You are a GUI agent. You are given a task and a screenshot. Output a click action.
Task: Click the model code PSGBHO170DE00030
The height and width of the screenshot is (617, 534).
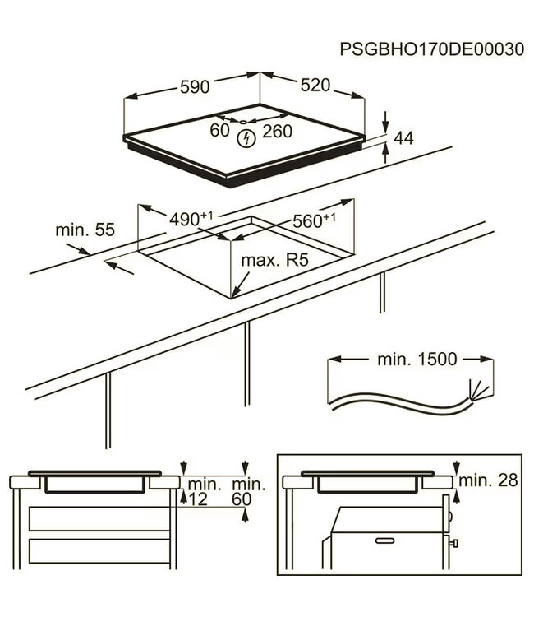[x=431, y=49]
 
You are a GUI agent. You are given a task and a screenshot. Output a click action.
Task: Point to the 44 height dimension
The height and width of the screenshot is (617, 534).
[x=403, y=139]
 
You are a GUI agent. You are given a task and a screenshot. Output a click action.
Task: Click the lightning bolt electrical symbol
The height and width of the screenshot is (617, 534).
[x=245, y=139]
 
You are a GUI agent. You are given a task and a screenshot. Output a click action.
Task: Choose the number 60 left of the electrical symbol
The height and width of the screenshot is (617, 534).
[x=219, y=130]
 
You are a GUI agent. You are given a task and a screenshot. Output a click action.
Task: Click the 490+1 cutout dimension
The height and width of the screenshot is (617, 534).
[x=190, y=219]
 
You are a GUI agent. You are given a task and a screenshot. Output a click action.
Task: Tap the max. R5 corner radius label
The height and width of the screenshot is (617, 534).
[x=274, y=261]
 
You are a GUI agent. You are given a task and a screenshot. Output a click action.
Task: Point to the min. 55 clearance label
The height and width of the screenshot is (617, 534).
[x=85, y=230]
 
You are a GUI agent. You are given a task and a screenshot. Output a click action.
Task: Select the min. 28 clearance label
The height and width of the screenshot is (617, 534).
[x=489, y=480]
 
